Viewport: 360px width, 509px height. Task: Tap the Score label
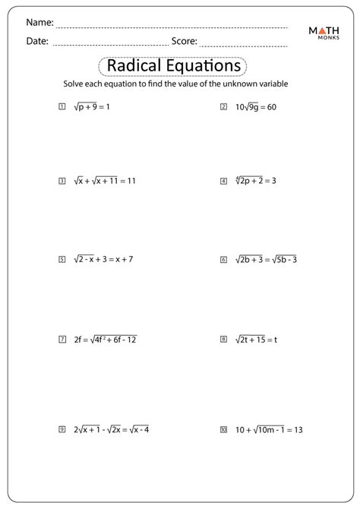coord(185,42)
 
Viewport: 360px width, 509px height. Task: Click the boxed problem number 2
coord(223,107)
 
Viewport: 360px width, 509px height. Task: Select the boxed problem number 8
coord(223,340)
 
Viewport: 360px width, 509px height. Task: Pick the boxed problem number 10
coord(223,429)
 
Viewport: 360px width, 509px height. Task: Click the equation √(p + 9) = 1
coord(93,107)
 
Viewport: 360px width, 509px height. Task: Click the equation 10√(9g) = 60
coord(256,107)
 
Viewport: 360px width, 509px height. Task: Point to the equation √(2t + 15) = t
coord(256,340)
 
